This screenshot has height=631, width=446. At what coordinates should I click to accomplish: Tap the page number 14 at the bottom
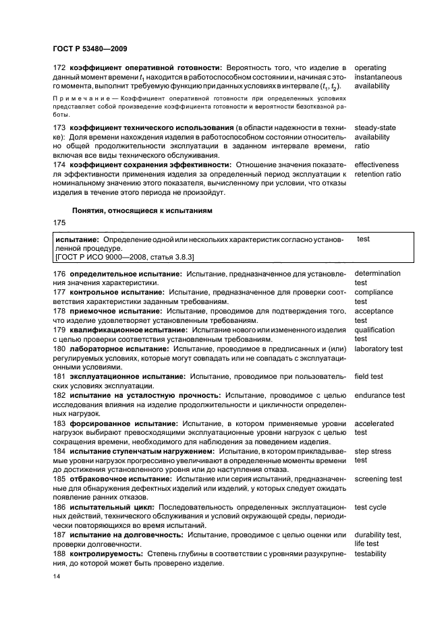[57, 577]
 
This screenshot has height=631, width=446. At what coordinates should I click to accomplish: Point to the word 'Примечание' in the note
[80, 98]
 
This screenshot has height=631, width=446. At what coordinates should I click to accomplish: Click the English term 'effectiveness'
[377, 164]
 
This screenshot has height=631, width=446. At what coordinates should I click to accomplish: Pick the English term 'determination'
[377, 273]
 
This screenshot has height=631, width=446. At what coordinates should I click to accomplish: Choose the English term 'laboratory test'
[379, 349]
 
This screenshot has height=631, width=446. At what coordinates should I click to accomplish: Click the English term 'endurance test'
[379, 395]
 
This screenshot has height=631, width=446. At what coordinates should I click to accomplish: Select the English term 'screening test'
[378, 479]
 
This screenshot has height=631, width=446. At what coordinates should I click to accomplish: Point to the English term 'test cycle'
[370, 507]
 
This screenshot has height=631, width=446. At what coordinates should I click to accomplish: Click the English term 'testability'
[370, 553]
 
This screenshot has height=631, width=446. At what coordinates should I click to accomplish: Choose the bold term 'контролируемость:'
[106, 553]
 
